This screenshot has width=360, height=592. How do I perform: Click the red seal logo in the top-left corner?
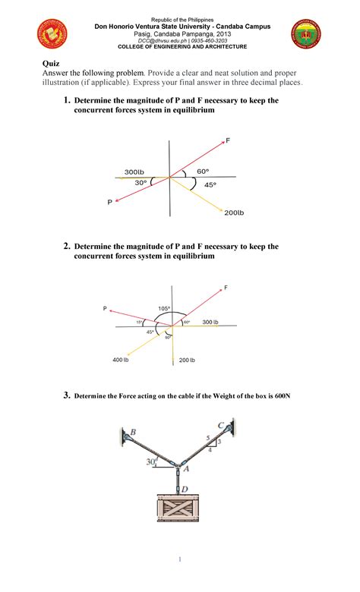(52, 34)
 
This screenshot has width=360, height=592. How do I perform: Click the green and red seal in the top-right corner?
(306, 34)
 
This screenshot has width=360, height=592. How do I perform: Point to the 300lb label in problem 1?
(134, 172)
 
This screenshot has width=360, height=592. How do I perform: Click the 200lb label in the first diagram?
(234, 213)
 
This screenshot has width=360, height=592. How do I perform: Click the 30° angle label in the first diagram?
(141, 183)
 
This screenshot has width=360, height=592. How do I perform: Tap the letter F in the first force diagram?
(228, 141)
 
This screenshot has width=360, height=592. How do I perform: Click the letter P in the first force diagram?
(110, 202)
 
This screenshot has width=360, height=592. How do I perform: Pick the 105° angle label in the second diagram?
(164, 308)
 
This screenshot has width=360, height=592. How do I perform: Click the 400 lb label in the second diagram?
(120, 359)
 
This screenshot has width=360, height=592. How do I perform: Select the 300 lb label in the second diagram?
(210, 323)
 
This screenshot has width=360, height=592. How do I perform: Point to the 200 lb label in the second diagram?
(187, 360)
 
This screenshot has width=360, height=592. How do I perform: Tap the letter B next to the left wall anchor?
(133, 433)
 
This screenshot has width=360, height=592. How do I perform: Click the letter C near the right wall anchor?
(221, 425)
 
